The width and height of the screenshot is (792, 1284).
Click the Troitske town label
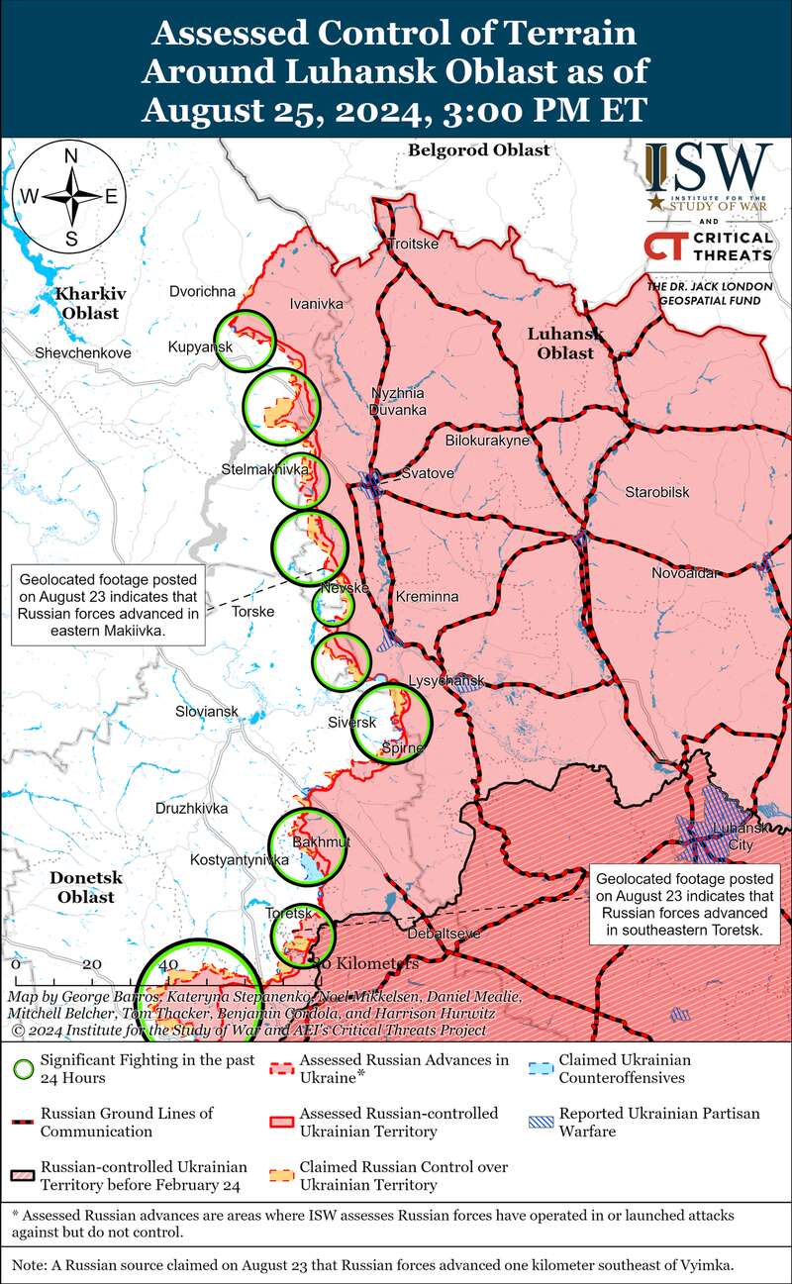point(412,244)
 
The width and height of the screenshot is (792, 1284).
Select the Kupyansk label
point(200,346)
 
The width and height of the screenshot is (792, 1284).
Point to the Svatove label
point(427,474)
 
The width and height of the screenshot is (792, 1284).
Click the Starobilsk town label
point(656,492)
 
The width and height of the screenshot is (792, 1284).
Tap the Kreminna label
point(427,598)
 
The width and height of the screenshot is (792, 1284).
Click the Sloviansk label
point(206,712)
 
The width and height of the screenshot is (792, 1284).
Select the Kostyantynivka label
point(238,860)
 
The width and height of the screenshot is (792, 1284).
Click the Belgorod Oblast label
point(477,149)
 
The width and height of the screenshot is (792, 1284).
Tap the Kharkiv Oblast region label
point(87,303)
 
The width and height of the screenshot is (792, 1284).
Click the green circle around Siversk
point(393,724)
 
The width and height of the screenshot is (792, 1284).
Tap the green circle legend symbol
point(25,1069)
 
